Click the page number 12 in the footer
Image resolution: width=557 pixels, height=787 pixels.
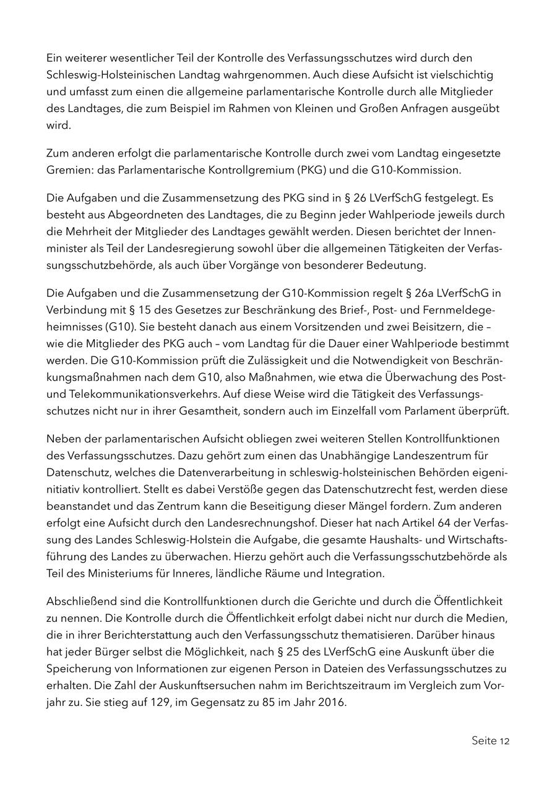(503, 741)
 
